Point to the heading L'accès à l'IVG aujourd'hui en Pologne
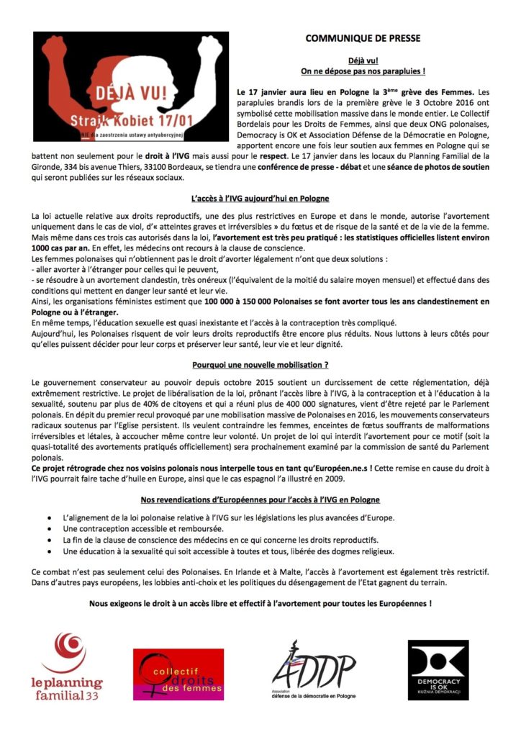(x=260, y=198)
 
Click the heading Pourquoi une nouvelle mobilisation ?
(x=260, y=364)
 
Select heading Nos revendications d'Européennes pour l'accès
(x=260, y=499)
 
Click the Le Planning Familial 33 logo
(x=69, y=666)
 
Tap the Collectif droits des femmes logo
(x=178, y=674)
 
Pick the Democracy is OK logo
(x=439, y=670)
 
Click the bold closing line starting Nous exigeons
(x=260, y=603)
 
